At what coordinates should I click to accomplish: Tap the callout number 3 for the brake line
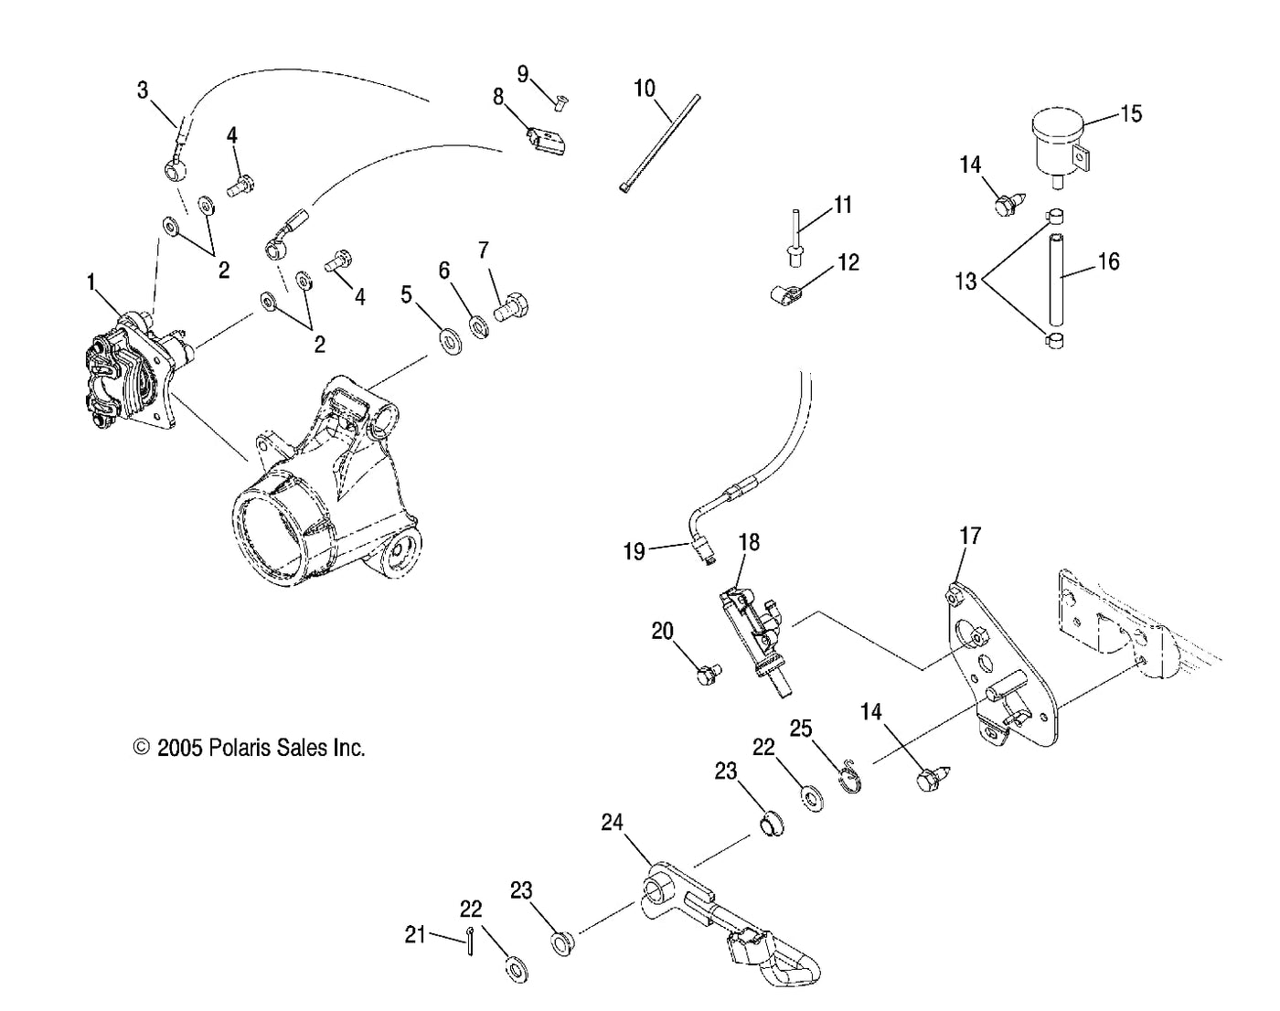(x=143, y=90)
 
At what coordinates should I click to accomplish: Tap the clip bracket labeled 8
(x=546, y=139)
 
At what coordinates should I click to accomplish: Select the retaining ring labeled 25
(x=850, y=777)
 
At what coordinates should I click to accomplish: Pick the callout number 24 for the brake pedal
(x=612, y=823)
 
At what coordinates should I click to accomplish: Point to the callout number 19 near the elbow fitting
(x=634, y=551)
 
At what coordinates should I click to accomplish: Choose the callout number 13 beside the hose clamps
(x=965, y=281)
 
